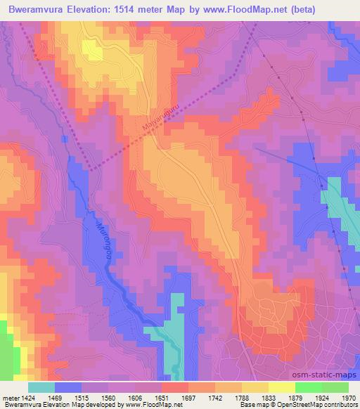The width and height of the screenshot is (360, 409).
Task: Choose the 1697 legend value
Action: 188,398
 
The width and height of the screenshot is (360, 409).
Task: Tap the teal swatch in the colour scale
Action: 41,387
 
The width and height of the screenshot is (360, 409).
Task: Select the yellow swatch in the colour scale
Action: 282,387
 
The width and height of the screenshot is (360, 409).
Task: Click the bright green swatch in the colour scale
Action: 309,387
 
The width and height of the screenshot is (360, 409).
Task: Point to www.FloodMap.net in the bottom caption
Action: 150,405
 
